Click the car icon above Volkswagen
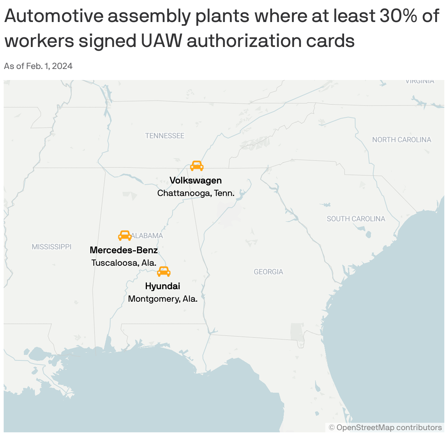pos(197,166)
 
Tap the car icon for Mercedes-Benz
pos(125,235)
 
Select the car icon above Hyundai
pos(164,272)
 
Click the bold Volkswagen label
pos(196,181)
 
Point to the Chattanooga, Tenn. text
pos(196,193)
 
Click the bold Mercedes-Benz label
pos(124,250)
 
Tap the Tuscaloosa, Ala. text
pos(124,263)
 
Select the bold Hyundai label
pos(163,286)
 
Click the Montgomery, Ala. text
pos(163,299)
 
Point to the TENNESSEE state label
pos(165,136)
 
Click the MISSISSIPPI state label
pos(51,247)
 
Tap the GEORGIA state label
pos(268,272)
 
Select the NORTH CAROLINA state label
pos(402,139)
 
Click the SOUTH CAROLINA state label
pos(356,219)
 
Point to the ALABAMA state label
pos(148,236)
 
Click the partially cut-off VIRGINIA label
pos(420,81)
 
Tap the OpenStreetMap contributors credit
pos(386,428)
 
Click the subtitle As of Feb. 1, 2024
pos(38,66)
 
